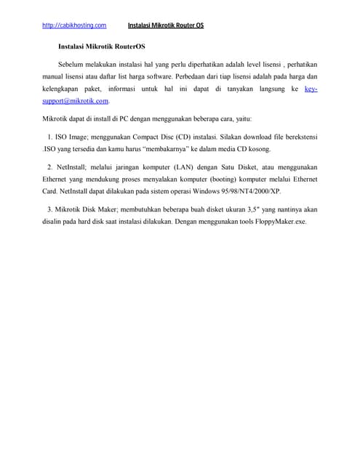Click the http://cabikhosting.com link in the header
point(74,25)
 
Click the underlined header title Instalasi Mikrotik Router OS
point(166,25)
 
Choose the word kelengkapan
point(63,89)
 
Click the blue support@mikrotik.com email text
point(76,101)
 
